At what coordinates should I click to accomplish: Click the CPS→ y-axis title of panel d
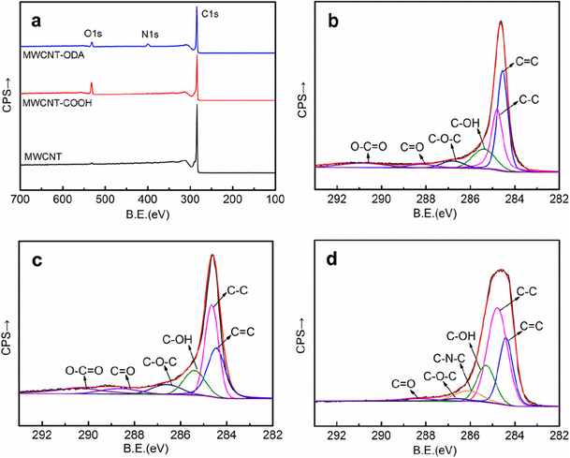pos(303,335)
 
